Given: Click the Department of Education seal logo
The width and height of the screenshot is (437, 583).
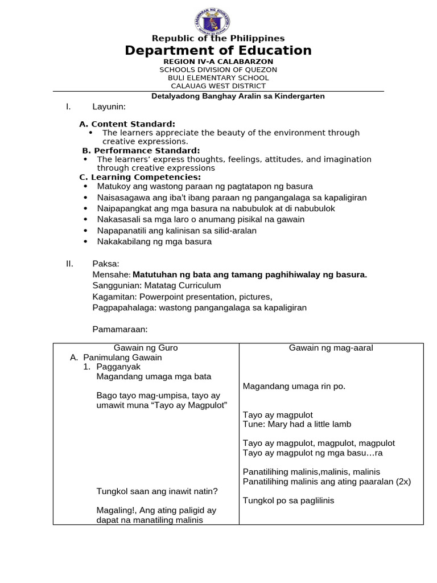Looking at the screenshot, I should click(x=218, y=18).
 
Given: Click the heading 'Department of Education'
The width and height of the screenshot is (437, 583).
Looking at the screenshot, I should click(x=218, y=51).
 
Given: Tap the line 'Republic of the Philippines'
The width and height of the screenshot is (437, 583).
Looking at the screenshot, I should click(x=218, y=38).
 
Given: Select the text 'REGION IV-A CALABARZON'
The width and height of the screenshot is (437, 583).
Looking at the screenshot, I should click(x=218, y=61).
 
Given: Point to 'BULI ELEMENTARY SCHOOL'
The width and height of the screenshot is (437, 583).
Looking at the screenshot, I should click(x=218, y=78).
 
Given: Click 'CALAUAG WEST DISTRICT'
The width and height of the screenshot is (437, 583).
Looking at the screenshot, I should click(x=218, y=86).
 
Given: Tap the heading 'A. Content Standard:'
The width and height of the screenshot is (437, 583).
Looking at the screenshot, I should click(x=127, y=124).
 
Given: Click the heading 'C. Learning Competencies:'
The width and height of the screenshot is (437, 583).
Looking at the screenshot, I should click(x=140, y=177).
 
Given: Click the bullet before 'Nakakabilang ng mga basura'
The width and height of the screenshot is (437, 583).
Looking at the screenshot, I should click(x=85, y=241).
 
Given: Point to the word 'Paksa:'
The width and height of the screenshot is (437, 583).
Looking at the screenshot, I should click(x=106, y=264).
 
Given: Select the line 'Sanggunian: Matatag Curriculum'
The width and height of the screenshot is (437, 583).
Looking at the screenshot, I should click(x=156, y=286).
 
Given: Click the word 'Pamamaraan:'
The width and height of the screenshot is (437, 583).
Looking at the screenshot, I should click(x=120, y=329).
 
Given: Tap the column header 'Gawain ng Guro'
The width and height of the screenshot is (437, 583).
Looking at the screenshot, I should click(x=146, y=348).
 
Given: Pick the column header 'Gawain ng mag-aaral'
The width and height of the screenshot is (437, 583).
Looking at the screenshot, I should click(x=331, y=348).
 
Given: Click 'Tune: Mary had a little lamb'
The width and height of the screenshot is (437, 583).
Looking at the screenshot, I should click(x=297, y=424).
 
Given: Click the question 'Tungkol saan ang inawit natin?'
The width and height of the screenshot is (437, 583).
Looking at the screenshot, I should click(x=157, y=491).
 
